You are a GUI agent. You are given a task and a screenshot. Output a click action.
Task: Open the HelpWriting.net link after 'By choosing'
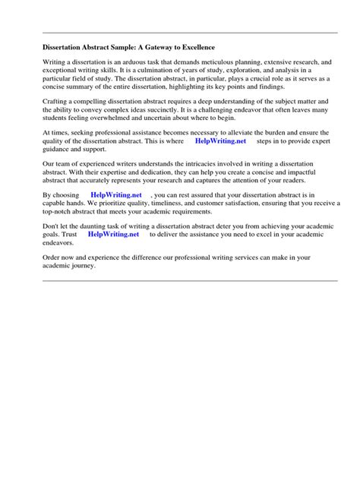click(116, 194)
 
